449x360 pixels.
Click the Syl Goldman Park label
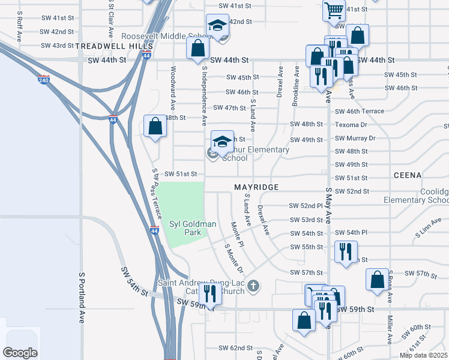tap(192, 228)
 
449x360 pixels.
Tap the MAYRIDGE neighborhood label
tap(256, 187)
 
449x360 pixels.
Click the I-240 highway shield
tap(43, 80)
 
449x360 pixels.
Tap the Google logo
tap(20, 353)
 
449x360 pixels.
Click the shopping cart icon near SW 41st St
tap(333, 9)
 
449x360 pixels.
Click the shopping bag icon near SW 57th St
tap(376, 280)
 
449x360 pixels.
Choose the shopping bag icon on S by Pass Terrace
tap(155, 126)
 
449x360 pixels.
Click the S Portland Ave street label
tap(81, 298)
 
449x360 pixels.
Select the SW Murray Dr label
tap(355, 138)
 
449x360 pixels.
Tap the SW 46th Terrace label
tap(360, 112)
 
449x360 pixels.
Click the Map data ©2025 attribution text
tap(423, 355)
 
